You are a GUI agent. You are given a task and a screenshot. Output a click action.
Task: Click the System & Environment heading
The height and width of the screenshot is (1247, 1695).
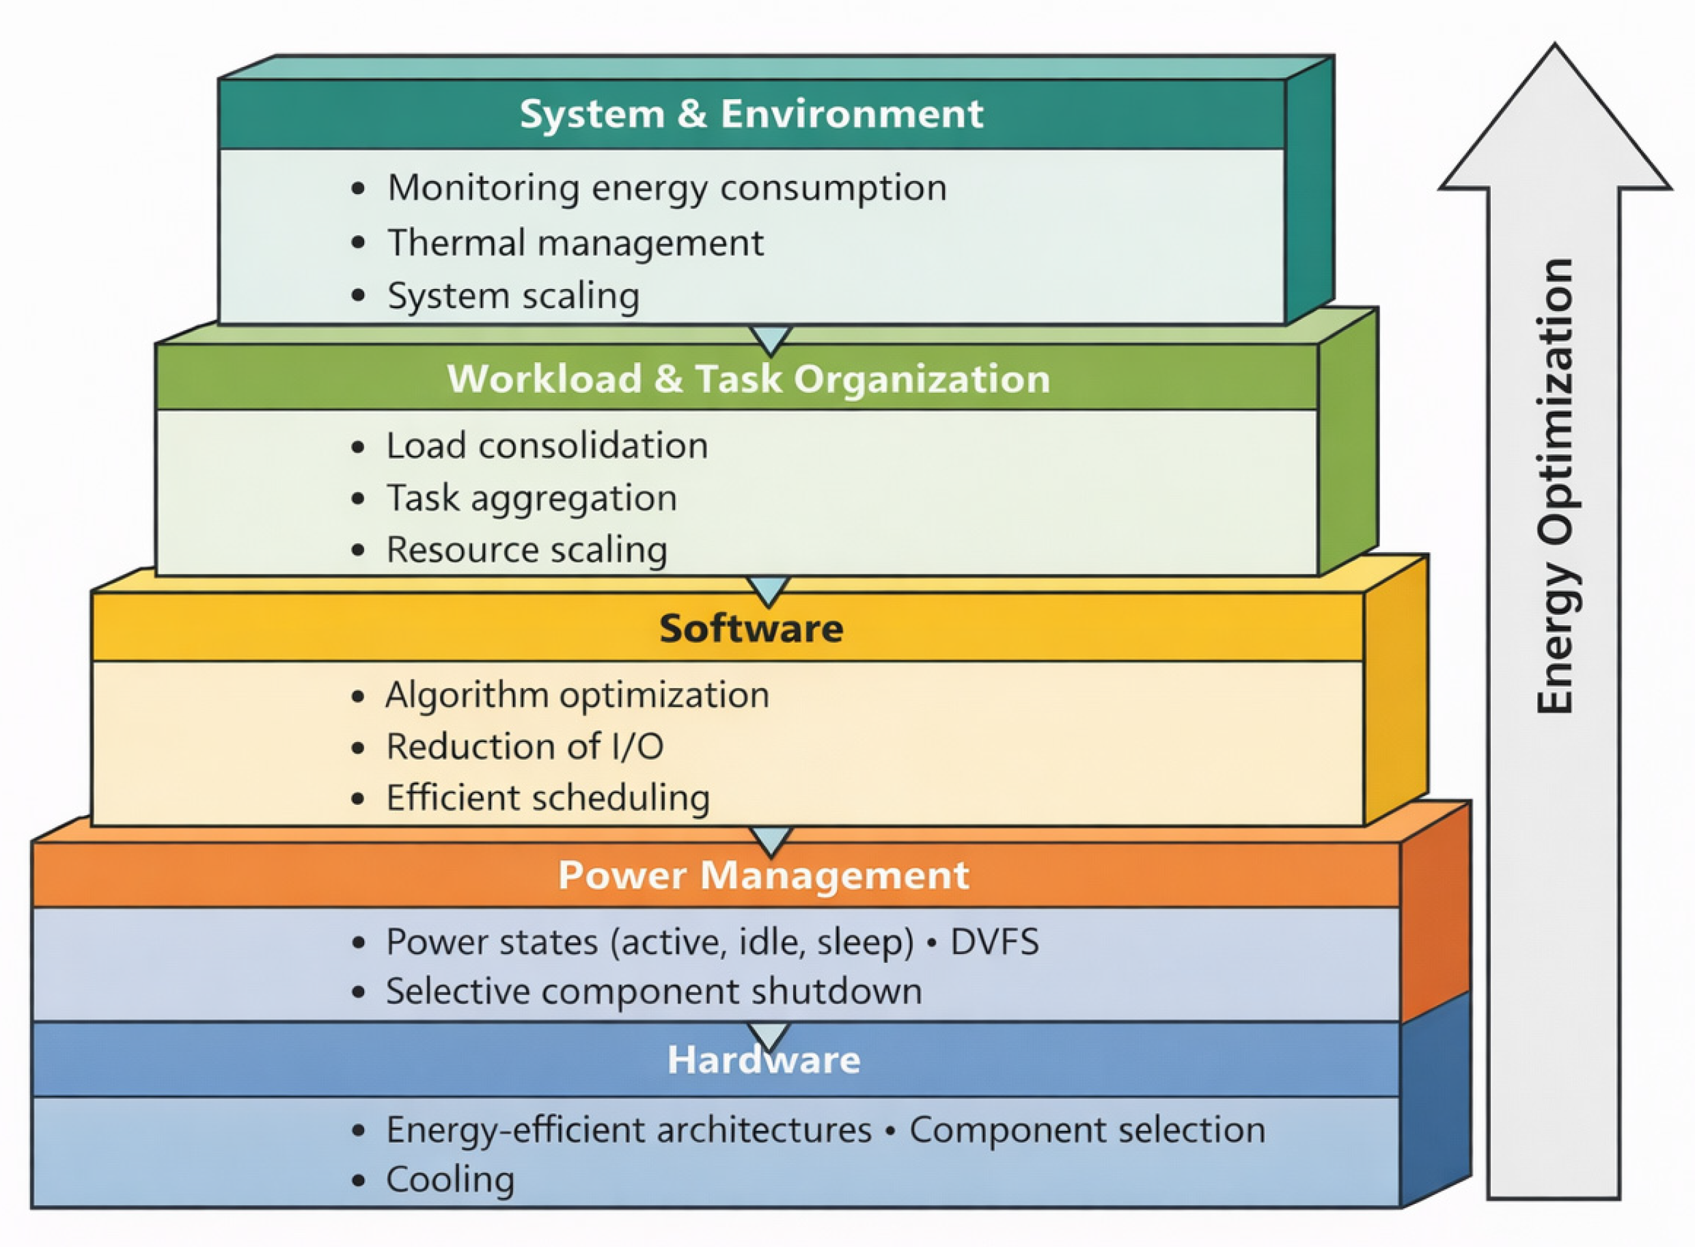pyautogui.click(x=751, y=115)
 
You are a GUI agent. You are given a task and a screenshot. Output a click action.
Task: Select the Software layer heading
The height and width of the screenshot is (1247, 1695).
pyautogui.click(x=751, y=629)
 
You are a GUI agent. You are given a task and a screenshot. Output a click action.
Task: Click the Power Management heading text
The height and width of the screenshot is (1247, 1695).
pyautogui.click(x=763, y=875)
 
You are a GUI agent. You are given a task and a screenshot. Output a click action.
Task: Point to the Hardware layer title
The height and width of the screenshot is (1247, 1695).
pyautogui.click(x=763, y=1060)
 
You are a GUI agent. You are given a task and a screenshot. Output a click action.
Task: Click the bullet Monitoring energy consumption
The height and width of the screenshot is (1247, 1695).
pyautogui.click(x=666, y=188)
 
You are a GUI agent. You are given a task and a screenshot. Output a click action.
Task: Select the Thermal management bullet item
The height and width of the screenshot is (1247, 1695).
pyautogui.click(x=575, y=243)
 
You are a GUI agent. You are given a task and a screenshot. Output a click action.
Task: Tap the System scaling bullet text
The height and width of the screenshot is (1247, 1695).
pyautogui.click(x=513, y=296)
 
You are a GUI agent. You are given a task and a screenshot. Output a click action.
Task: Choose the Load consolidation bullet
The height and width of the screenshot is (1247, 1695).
pyautogui.click(x=547, y=446)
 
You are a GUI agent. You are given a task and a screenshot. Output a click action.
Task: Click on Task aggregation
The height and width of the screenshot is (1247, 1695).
pyautogui.click(x=532, y=498)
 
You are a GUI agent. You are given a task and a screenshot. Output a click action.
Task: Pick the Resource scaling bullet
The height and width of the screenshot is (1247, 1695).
pyautogui.click(x=527, y=549)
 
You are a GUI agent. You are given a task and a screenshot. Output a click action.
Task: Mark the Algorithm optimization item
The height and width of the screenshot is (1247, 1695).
pyautogui.click(x=577, y=695)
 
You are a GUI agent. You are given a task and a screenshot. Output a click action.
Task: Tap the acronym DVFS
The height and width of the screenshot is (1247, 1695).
pyautogui.click(x=994, y=942)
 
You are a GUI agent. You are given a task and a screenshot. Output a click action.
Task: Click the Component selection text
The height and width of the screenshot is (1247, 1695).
pyautogui.click(x=1087, y=1130)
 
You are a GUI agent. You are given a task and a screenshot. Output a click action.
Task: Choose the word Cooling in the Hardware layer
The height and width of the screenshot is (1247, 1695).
pyautogui.click(x=450, y=1180)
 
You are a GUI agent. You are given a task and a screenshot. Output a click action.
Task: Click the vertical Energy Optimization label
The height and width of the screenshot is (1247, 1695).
pyautogui.click(x=1555, y=487)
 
